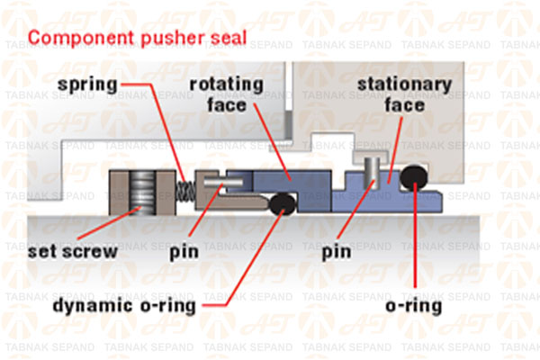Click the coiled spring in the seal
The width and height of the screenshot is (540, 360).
(x=184, y=190)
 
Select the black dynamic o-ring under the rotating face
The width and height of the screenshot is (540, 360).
(x=283, y=204)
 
